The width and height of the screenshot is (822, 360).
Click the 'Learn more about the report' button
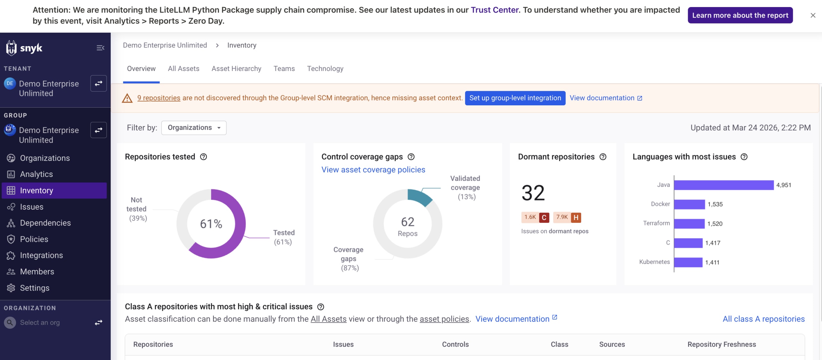click(740, 15)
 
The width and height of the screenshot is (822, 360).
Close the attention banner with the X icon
click(813, 15)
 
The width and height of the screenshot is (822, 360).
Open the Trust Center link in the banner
click(494, 10)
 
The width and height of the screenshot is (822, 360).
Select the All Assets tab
click(183, 68)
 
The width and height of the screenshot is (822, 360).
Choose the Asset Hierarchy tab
click(236, 68)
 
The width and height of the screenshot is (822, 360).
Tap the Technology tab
click(325, 68)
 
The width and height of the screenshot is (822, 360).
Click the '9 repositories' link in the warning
click(159, 98)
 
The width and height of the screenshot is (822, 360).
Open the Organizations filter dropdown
click(194, 128)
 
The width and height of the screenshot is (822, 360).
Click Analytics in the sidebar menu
click(36, 174)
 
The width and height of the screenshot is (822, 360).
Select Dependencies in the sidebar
click(45, 223)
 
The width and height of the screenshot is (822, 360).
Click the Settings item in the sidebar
click(35, 288)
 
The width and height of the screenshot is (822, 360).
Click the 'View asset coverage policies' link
click(373, 170)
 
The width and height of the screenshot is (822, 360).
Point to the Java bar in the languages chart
click(723, 185)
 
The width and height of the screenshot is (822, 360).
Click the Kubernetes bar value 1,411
click(712, 262)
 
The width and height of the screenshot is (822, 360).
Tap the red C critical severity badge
click(544, 217)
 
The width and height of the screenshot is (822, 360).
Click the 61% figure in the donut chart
click(211, 224)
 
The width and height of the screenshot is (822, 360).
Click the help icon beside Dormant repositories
click(603, 157)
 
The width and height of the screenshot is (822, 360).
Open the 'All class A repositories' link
click(763, 319)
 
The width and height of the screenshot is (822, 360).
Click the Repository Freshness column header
click(721, 344)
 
